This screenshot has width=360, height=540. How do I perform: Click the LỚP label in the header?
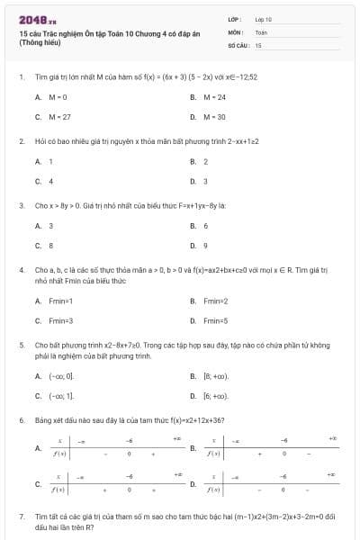[235, 19]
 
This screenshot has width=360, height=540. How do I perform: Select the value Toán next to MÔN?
[261, 31]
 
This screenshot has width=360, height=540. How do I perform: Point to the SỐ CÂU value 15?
[258, 44]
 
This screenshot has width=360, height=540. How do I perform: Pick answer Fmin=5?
[216, 320]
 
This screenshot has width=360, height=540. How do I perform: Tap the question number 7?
[21, 517]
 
